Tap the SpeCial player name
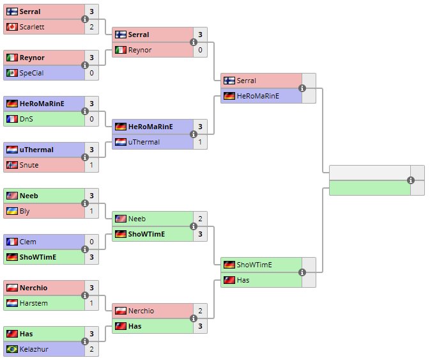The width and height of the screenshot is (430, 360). [x=31, y=73]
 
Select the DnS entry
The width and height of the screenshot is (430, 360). [x=26, y=119]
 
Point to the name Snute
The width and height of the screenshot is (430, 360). [x=29, y=165]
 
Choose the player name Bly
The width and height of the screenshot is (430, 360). [x=24, y=211]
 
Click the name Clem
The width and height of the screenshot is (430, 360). [x=27, y=242]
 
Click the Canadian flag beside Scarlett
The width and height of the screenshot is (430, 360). [x=12, y=27]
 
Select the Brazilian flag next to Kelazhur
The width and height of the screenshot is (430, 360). [x=12, y=349]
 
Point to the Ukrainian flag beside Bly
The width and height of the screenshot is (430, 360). [x=12, y=211]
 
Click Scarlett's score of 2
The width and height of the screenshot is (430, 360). [x=91, y=27]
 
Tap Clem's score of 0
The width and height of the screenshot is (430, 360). [x=91, y=242]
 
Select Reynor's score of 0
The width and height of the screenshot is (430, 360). [x=200, y=50]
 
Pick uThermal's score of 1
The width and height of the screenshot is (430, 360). [x=200, y=142]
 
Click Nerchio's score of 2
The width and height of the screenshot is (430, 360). [x=200, y=311]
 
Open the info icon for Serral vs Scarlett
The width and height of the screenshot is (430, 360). [x=85, y=19]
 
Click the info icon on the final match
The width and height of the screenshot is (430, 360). [x=411, y=180]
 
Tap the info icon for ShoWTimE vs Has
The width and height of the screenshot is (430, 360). [x=302, y=272]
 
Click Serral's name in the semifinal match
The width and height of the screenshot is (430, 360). [x=246, y=81]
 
